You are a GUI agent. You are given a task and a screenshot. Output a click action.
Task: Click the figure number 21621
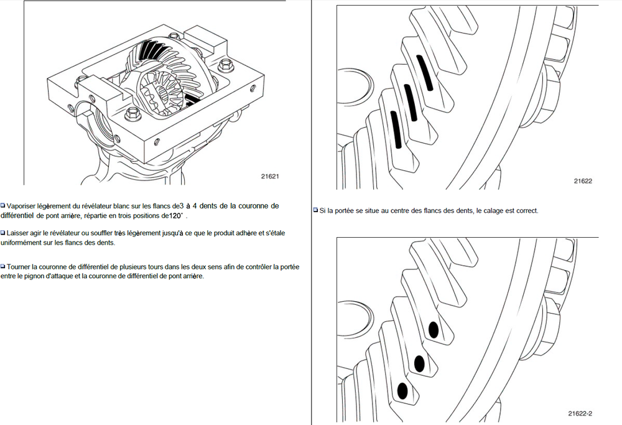(270, 176)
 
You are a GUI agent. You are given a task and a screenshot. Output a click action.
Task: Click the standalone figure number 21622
(583, 181)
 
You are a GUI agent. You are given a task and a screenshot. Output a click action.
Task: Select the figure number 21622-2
(580, 413)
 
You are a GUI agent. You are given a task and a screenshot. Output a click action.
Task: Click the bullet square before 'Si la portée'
(315, 210)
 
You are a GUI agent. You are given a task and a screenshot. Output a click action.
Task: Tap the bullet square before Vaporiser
(3, 205)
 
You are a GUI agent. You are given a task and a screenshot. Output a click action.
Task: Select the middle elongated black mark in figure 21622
(409, 101)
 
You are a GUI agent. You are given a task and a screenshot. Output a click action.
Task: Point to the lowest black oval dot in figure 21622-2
(402, 390)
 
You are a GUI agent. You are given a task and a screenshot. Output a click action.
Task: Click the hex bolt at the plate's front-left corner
(132, 114)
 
